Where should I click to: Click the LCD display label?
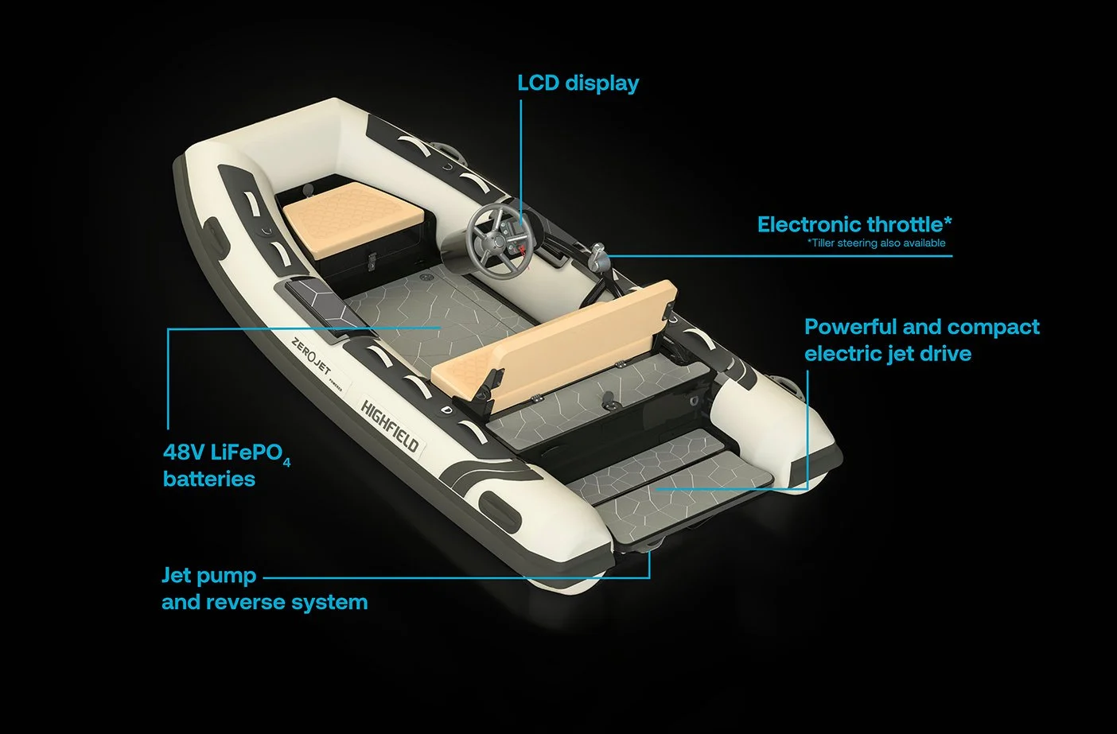pos(578,83)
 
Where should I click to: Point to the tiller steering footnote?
pos(876,243)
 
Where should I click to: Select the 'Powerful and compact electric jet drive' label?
pos(922,340)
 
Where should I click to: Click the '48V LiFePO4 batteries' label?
pos(227,465)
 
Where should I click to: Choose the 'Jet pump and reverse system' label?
pos(264,588)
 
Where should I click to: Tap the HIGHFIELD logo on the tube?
pos(390,424)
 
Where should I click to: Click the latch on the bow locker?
pos(371,261)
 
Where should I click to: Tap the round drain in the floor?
pos(426,277)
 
